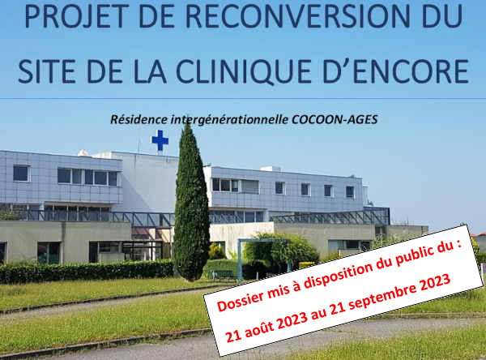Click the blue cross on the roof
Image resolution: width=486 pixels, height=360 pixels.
pos(160,140)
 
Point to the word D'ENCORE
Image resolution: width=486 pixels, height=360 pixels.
pos(395,71)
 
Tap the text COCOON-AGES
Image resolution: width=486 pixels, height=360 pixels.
pos(335,119)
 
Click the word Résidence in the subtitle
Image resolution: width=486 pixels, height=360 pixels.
pos(139,119)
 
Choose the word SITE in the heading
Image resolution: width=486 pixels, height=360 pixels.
pos(47,71)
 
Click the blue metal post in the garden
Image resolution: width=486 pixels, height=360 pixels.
pos(239,261)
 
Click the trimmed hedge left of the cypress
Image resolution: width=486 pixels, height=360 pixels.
pos(87,271)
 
